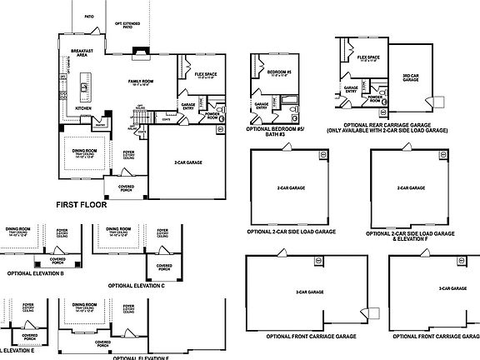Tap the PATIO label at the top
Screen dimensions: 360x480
point(88,16)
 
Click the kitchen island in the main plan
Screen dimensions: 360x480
point(85,86)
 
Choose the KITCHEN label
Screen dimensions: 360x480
point(84,108)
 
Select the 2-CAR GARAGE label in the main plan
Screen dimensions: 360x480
point(191,162)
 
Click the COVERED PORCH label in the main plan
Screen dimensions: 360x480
point(127,187)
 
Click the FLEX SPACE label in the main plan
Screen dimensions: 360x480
point(205,75)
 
